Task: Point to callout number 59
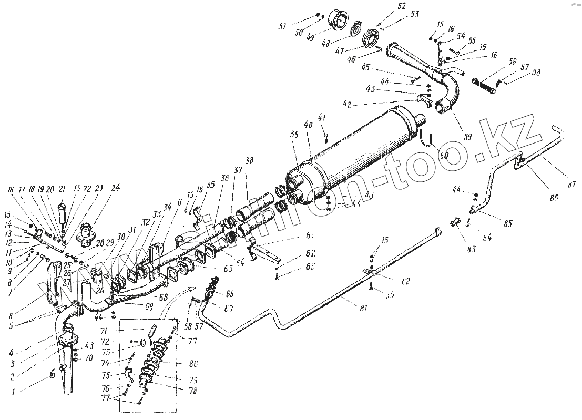(467, 136)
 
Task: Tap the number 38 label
(248, 161)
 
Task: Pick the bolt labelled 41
(326, 137)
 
